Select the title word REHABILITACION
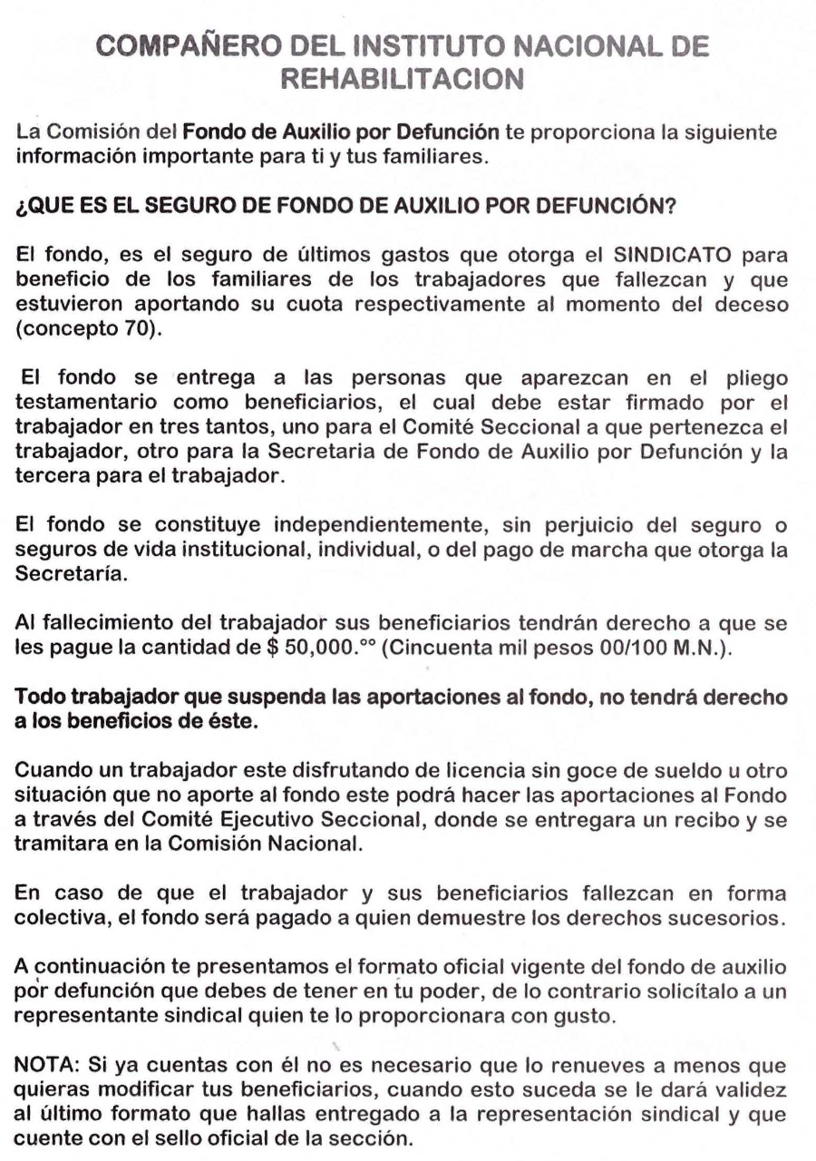click(406, 83)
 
